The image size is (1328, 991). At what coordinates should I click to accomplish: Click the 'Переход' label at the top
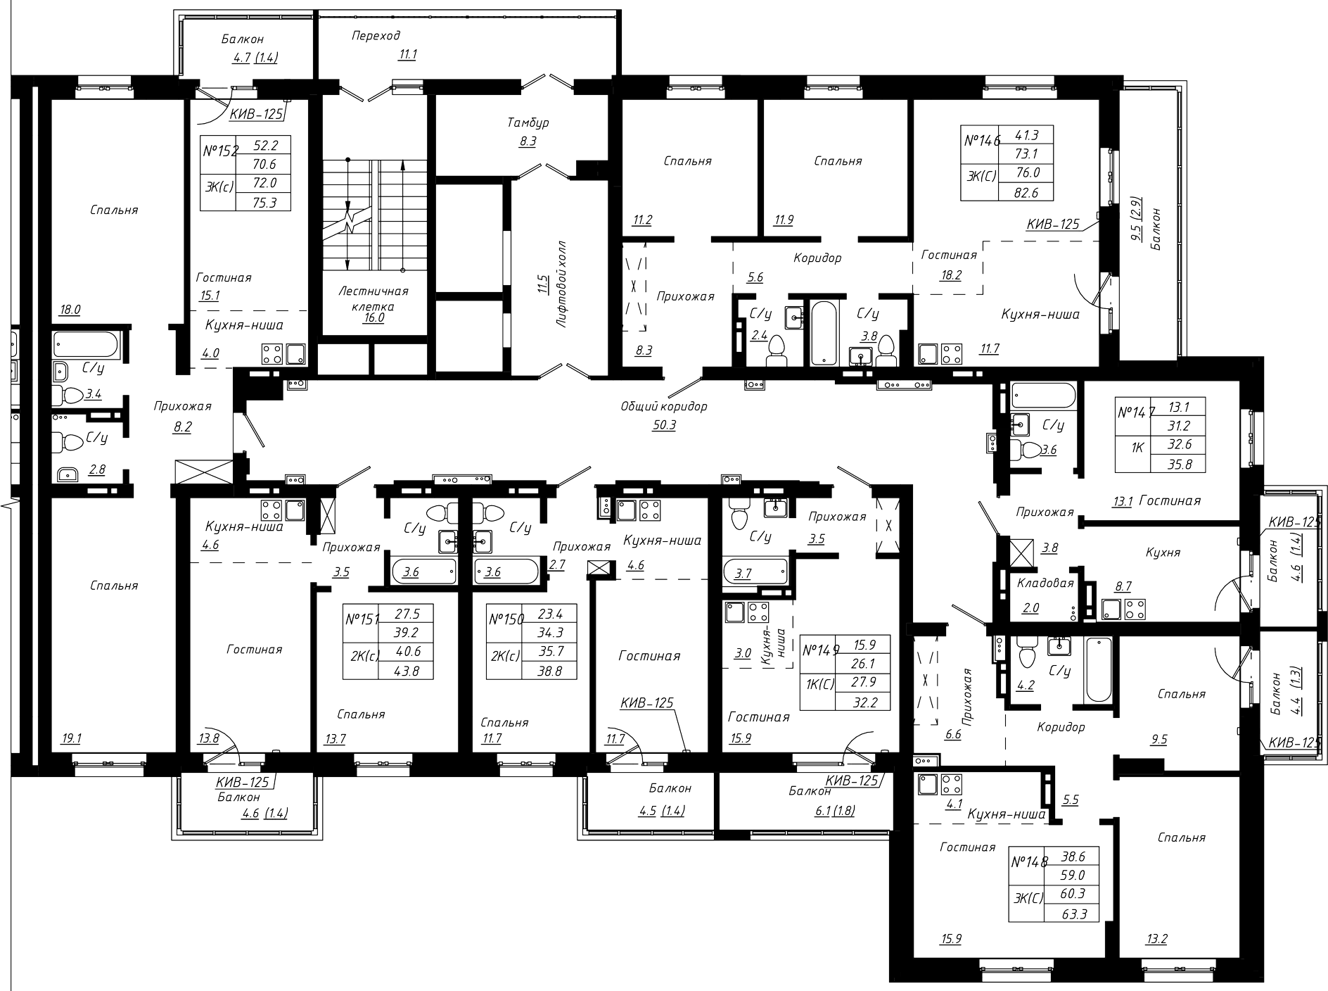click(376, 35)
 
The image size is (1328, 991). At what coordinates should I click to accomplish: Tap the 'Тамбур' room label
click(528, 122)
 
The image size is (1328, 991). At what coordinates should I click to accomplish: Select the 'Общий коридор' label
click(664, 406)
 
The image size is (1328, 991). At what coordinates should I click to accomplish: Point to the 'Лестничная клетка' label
click(373, 298)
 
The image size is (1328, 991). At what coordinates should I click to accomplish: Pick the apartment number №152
click(221, 150)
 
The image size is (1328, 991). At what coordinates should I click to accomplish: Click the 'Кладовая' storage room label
click(1045, 583)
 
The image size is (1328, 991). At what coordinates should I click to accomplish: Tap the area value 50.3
click(664, 425)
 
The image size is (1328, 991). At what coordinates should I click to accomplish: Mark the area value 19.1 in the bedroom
click(72, 738)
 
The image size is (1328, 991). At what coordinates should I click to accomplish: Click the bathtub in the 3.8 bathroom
click(824, 334)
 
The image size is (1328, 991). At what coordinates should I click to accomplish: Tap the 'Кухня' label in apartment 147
click(1163, 553)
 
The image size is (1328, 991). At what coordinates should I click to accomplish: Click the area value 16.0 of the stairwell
click(373, 317)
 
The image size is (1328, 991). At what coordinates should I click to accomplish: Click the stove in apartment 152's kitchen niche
click(272, 353)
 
